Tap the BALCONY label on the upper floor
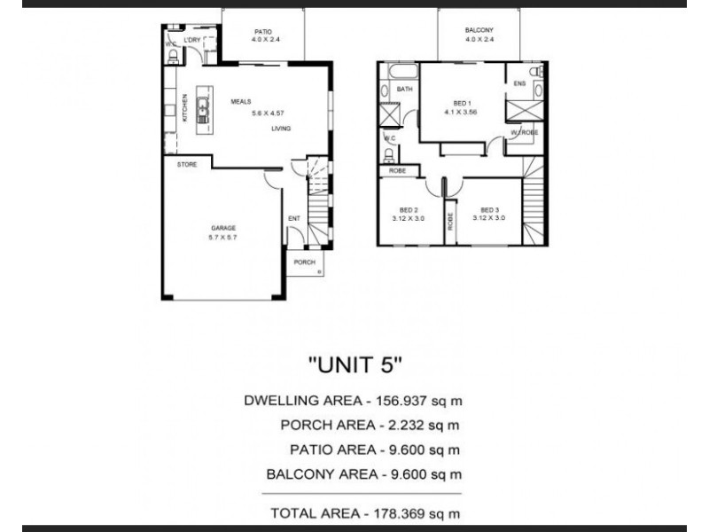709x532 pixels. pyautogui.click(x=479, y=31)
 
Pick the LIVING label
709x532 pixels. pyautogui.click(x=281, y=129)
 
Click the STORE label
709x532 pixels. pyautogui.click(x=186, y=165)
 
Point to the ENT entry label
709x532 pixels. pyautogui.click(x=293, y=218)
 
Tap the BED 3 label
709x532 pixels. pyautogui.click(x=488, y=209)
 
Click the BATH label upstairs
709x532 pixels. pyautogui.click(x=405, y=90)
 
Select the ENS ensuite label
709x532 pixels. pyautogui.click(x=519, y=85)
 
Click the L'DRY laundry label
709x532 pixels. pyautogui.click(x=192, y=42)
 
